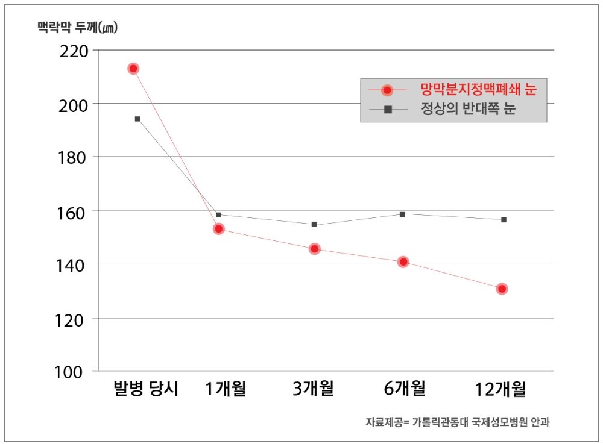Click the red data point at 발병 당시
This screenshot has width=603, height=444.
(x=133, y=69)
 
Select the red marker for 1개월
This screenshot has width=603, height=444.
(x=219, y=229)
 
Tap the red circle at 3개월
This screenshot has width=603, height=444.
(x=315, y=249)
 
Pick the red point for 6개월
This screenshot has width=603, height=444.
(x=403, y=262)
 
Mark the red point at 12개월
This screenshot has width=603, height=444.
(x=502, y=289)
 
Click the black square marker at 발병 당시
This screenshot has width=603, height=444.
(x=137, y=119)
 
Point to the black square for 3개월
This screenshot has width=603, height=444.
(x=314, y=225)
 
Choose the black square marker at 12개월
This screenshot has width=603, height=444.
(x=504, y=219)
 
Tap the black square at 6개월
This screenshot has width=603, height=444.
(x=402, y=214)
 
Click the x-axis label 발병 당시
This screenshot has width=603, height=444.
(x=146, y=389)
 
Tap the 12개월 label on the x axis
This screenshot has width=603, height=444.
(x=500, y=389)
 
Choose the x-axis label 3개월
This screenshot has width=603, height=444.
(x=313, y=389)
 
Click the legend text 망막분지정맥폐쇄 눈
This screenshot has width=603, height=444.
(x=479, y=90)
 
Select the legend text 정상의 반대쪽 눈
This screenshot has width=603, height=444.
(x=468, y=110)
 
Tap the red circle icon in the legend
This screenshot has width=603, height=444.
(x=388, y=90)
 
